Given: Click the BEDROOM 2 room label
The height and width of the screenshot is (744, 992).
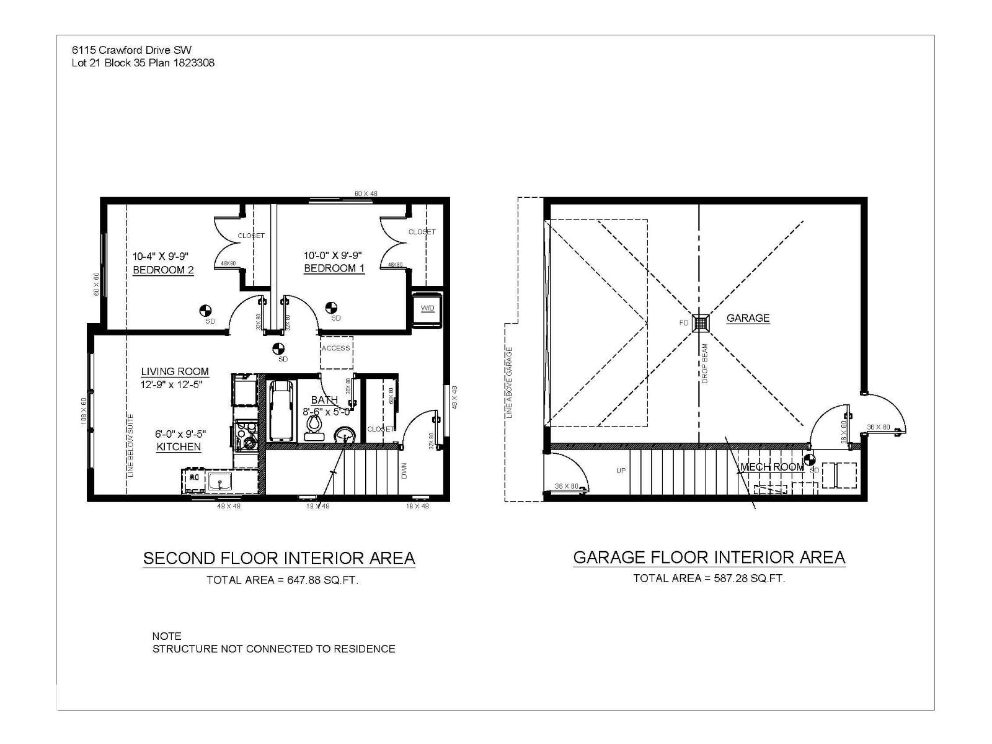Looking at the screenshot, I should tap(163, 270).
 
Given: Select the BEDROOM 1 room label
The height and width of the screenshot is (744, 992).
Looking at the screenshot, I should tap(334, 268).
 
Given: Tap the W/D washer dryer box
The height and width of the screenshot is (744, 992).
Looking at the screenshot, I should tap(427, 308).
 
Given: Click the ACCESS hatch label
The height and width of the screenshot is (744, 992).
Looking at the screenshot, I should tap(335, 348).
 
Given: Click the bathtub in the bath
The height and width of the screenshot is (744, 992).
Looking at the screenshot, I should tap(281, 410).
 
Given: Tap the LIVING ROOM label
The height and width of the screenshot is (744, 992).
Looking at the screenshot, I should tap(175, 372).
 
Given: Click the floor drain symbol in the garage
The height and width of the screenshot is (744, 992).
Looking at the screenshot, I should tap(701, 323).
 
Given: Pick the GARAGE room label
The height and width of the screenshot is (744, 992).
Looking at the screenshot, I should tap(748, 318).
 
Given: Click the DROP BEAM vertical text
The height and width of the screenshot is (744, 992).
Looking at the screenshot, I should tap(705, 364).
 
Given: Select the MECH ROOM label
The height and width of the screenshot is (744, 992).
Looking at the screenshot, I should tap(771, 467).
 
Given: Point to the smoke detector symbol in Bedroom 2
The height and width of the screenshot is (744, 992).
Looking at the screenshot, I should tap(206, 310).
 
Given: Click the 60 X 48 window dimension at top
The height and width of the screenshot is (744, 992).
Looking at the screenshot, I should tap(366, 193).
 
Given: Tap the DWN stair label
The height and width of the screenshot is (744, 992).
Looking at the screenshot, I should tap(404, 472).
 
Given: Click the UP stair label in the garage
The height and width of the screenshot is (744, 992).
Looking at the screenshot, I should tap(621, 471).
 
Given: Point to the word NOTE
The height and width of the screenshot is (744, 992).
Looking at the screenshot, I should tap(167, 636).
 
